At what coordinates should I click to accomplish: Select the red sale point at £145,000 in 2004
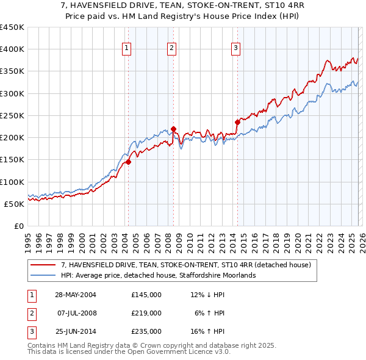pyautogui.click(x=128, y=162)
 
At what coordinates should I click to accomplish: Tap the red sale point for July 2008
pyautogui.click(x=173, y=129)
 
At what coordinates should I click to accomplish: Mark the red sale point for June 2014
pyautogui.click(x=237, y=122)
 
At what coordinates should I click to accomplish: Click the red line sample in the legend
pyautogui.click(x=44, y=265)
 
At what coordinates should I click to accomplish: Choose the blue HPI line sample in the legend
pyautogui.click(x=44, y=275)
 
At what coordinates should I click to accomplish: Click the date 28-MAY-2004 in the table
pyautogui.click(x=76, y=295)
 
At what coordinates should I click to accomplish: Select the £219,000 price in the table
pyautogui.click(x=146, y=313)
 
